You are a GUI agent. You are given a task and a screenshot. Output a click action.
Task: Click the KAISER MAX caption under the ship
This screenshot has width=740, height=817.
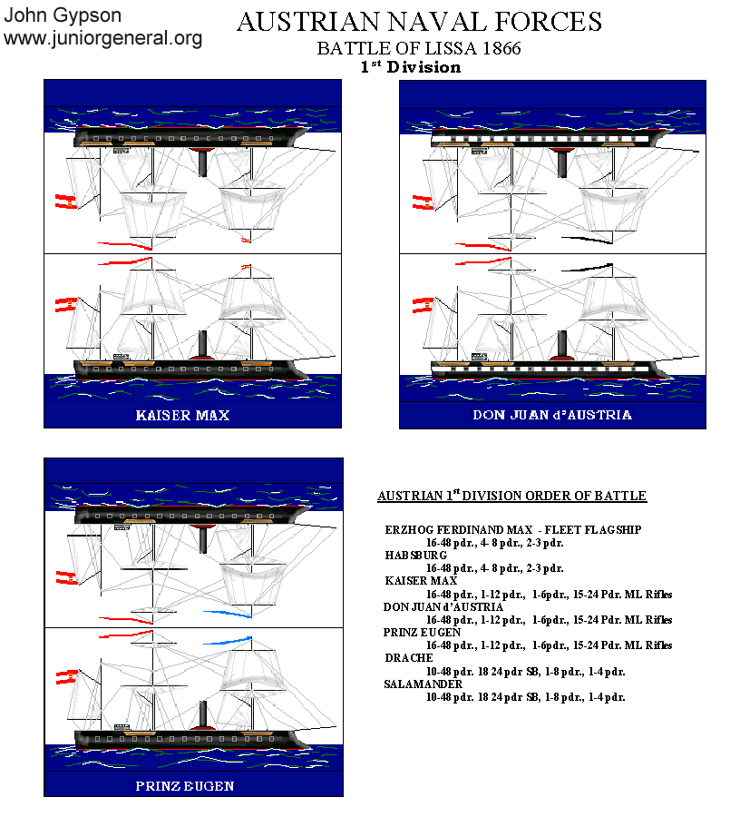182,415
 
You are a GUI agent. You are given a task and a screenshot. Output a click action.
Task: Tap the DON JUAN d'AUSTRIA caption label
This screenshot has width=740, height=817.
552,415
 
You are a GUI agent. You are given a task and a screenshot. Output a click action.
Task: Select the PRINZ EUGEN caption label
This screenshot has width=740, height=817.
185,786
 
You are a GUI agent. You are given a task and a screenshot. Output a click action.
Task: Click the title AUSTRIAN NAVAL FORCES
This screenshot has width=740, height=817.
420,22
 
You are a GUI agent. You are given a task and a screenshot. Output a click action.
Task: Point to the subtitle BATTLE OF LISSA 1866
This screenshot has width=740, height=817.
419,48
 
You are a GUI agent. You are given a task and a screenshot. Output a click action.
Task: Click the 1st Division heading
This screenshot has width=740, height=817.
411,66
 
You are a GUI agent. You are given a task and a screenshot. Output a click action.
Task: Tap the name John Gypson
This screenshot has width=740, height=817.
63,15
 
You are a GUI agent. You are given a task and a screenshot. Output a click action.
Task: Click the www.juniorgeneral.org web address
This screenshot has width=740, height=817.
102,38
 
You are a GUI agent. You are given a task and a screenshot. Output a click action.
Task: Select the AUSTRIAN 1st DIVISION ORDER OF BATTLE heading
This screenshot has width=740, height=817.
512,495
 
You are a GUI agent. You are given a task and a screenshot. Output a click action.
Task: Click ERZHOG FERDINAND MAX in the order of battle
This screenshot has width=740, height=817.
459,530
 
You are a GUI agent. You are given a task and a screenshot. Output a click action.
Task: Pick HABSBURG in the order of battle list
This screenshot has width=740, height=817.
415,555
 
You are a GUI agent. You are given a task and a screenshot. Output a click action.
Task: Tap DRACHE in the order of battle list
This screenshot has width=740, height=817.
408,657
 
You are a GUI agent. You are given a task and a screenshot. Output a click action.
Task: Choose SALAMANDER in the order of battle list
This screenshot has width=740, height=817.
424,684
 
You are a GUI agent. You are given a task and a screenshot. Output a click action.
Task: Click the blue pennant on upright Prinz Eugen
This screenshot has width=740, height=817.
228,640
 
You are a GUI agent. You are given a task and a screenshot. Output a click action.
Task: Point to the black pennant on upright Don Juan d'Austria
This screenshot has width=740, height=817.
587,267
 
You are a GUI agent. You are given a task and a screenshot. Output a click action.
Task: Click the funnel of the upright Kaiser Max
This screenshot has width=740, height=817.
203,345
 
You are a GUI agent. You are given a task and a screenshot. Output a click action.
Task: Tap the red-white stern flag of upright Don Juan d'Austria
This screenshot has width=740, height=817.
424,305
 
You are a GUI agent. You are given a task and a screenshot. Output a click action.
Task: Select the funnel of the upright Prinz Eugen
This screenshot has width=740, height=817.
203,715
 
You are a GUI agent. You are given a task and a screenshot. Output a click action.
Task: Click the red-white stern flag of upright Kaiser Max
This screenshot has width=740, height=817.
66,305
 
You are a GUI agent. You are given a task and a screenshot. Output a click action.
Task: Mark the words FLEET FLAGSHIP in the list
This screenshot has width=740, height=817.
593,530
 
